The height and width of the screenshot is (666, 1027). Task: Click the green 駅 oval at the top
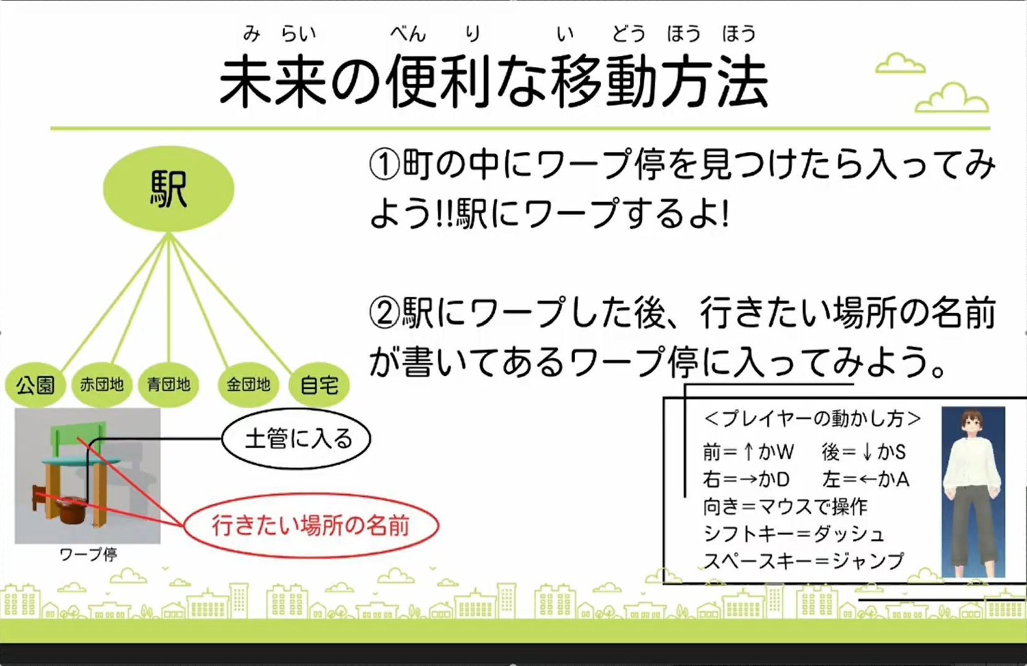pyautogui.click(x=169, y=189)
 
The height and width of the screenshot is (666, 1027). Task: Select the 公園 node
pyautogui.click(x=35, y=385)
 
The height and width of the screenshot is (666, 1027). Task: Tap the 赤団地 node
pyautogui.click(x=102, y=384)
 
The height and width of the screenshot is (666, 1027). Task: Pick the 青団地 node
pyautogui.click(x=168, y=384)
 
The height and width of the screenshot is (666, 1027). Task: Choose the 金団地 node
pyautogui.click(x=248, y=384)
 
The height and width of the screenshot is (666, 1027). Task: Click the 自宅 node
pyautogui.click(x=319, y=385)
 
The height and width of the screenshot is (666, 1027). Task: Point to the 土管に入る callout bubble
pyautogui.click(x=296, y=439)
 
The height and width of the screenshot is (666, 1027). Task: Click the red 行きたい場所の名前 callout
pyautogui.click(x=311, y=526)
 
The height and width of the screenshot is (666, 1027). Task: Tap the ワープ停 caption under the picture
pyautogui.click(x=89, y=554)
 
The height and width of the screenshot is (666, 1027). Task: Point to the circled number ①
pyautogui.click(x=384, y=165)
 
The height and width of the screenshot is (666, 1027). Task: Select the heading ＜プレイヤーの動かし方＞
pyautogui.click(x=812, y=419)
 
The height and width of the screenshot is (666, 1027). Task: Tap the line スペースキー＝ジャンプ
pyautogui.click(x=804, y=561)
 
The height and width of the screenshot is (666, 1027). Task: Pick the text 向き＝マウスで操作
pyautogui.click(x=785, y=507)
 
